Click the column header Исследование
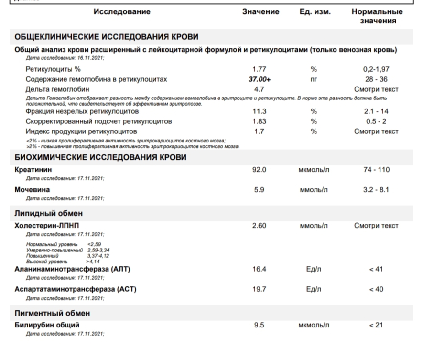[122, 12]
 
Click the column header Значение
[260, 12]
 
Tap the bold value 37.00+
[260, 79]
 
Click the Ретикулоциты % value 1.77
[259, 69]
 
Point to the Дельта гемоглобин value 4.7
[259, 89]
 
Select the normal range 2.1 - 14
[376, 111]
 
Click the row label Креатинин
[33, 169]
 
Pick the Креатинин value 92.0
[259, 169]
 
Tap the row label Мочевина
[32, 189]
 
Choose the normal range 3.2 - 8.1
[376, 190]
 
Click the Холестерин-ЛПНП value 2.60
[259, 225]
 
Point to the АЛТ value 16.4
[259, 269]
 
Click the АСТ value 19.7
[259, 289]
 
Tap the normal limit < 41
[376, 269]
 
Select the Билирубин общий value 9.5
[259, 325]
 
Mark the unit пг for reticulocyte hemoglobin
[314, 79]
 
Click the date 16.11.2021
[89, 57]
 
